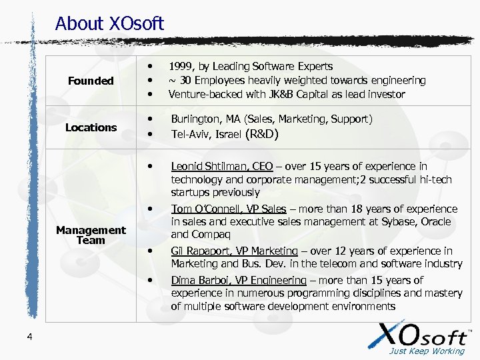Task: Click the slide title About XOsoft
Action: tap(109, 24)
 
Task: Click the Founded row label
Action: tap(91, 81)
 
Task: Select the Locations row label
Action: tap(91, 127)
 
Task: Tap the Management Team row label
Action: tap(91, 235)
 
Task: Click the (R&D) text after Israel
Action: tap(266, 135)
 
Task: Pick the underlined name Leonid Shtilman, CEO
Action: tap(221, 167)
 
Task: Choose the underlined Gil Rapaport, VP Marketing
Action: tap(234, 251)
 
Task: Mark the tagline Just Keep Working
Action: tap(427, 351)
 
